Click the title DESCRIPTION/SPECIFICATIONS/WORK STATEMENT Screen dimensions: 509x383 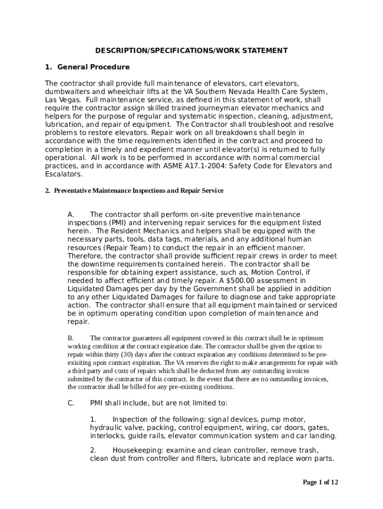[x=191, y=51]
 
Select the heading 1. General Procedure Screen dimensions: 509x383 [x=87, y=67]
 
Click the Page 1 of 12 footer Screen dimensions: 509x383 [x=321, y=482]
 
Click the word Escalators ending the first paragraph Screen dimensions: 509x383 [x=63, y=174]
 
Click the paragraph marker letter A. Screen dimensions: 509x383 [x=71, y=215]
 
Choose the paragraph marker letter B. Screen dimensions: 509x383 [x=70, y=338]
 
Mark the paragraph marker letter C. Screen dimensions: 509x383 [x=71, y=403]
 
